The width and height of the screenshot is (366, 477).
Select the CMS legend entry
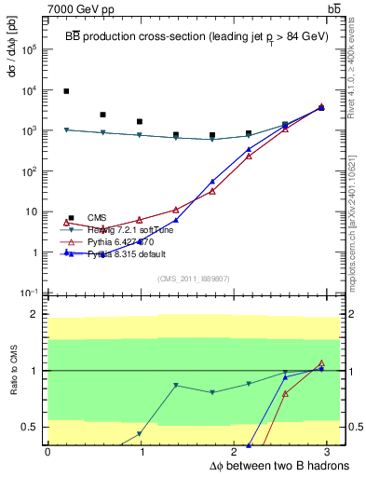click(97, 217)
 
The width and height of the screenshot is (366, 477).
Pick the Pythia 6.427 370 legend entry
click(121, 241)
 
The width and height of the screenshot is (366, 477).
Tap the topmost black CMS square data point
click(66, 91)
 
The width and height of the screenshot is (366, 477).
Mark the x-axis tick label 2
click(236, 452)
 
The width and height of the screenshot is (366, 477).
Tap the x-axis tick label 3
click(331, 452)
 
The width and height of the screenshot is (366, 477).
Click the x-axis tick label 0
click(47, 452)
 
